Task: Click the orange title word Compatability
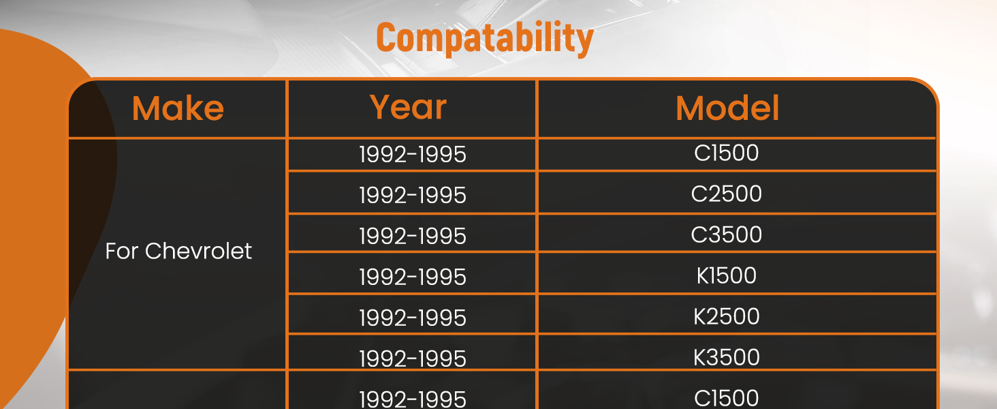click(x=485, y=38)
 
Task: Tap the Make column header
click(x=178, y=108)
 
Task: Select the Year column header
click(x=408, y=108)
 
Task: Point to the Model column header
click(x=727, y=108)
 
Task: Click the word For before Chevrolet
click(x=121, y=252)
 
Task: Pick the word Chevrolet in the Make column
click(x=198, y=251)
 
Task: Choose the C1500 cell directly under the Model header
click(x=727, y=153)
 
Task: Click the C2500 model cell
click(x=727, y=194)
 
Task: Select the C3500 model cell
click(x=727, y=234)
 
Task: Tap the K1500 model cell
click(x=727, y=275)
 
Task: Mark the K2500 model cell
click(x=727, y=316)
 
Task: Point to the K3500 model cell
click(x=727, y=357)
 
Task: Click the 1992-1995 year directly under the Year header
click(x=413, y=155)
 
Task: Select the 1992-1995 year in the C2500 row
click(x=413, y=196)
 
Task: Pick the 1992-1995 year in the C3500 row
click(x=413, y=236)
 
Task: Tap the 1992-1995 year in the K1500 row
click(x=413, y=277)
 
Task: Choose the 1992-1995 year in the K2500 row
click(x=413, y=318)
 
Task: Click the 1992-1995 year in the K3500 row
click(x=413, y=359)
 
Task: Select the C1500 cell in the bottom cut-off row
click(x=727, y=398)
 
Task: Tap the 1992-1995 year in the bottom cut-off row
click(x=413, y=399)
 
